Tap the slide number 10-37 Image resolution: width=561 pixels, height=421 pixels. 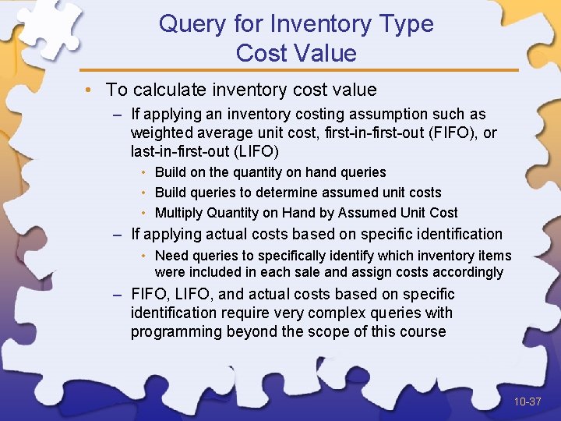[x=527, y=402]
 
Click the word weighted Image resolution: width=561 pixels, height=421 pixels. [x=159, y=133]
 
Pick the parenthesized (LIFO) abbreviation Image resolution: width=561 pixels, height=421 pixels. [x=253, y=151]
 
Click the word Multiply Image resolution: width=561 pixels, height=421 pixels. [x=178, y=213]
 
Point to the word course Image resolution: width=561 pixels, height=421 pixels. [x=421, y=332]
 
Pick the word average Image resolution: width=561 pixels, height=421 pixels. [x=217, y=133]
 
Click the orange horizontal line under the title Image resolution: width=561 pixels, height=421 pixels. [x=299, y=70]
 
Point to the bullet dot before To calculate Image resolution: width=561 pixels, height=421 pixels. [x=93, y=90]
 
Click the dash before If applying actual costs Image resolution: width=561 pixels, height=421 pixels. [x=116, y=234]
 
